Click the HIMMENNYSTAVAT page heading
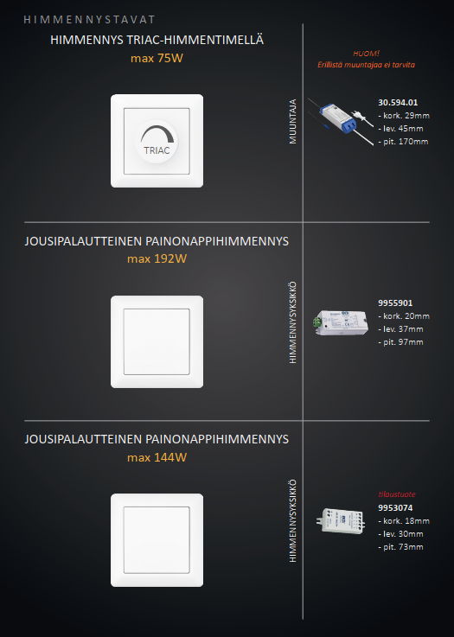[x=89, y=20]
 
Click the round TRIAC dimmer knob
[x=157, y=142]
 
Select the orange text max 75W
[x=157, y=58]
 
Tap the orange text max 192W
[x=157, y=258]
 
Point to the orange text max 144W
[x=157, y=457]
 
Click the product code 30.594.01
[x=398, y=102]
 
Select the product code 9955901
[x=395, y=303]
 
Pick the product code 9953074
[x=395, y=508]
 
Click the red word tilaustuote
[x=397, y=494]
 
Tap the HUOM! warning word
[x=366, y=54]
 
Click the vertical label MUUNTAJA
[x=292, y=122]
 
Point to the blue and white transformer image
[x=341, y=121]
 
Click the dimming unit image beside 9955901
[x=341, y=322]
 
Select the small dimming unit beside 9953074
[x=341, y=521]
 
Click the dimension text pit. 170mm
[x=403, y=142]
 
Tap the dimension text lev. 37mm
[x=400, y=329]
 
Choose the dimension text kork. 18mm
[x=404, y=521]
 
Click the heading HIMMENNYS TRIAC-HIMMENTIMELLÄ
[x=157, y=40]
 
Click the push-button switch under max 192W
[x=157, y=341]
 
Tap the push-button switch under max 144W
[x=157, y=540]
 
